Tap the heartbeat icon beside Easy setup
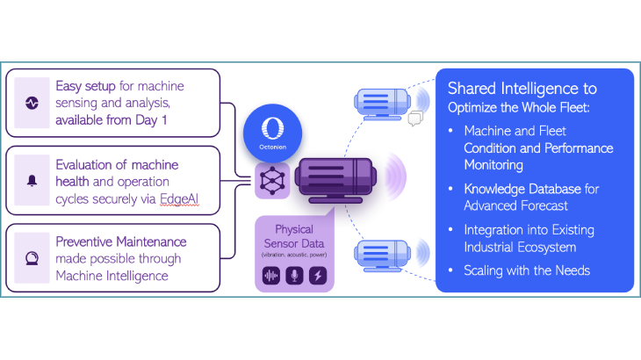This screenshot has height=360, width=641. (x=32, y=103)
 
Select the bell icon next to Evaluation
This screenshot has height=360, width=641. (x=32, y=181)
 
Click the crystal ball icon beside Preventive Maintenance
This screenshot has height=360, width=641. (x=32, y=259)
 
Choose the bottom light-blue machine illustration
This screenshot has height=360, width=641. (x=387, y=256)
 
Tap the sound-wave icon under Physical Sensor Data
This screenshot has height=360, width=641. (x=272, y=276)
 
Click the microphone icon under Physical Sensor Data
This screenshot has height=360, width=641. (x=295, y=276)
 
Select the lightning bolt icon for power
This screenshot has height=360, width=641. (x=318, y=276)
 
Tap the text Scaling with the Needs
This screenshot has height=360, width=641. (x=527, y=270)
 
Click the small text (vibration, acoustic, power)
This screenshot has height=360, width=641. (x=295, y=254)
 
